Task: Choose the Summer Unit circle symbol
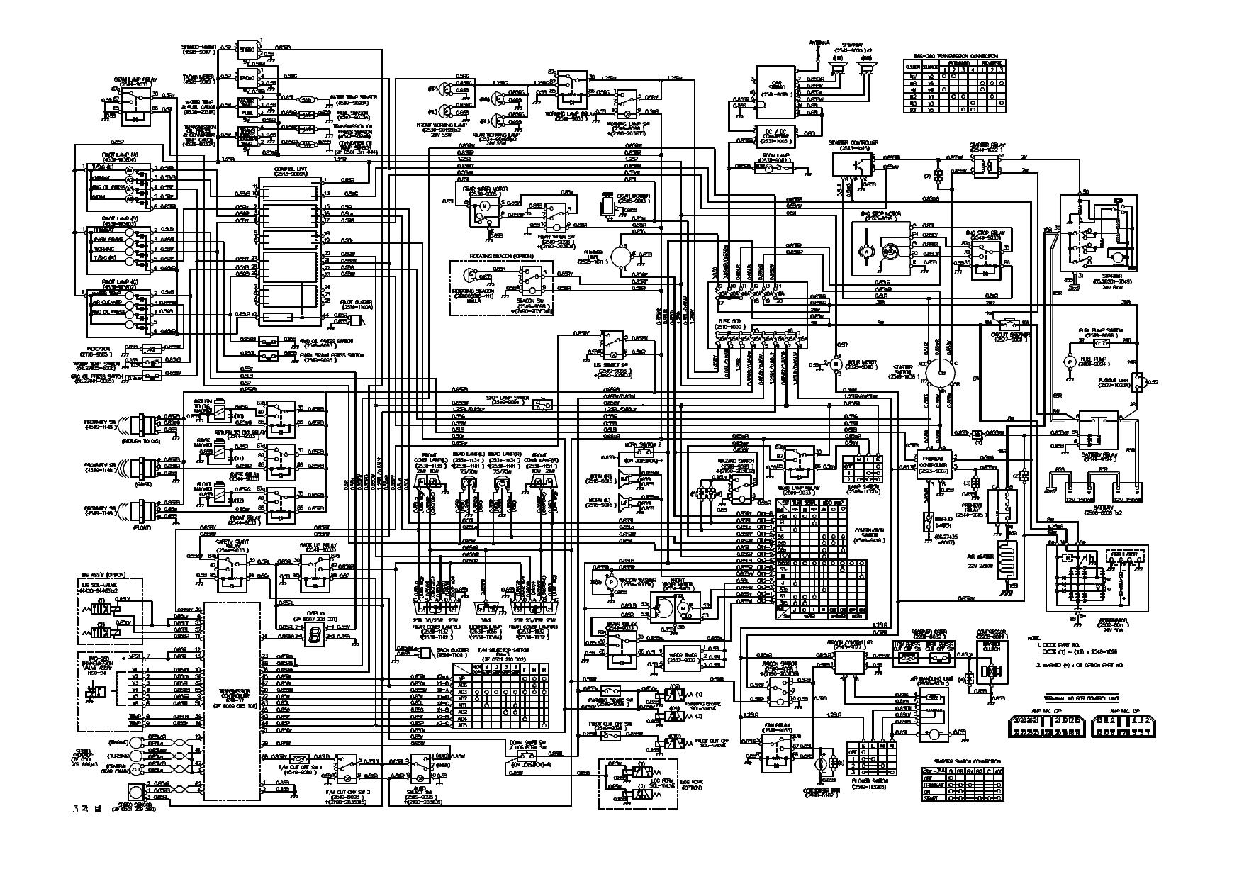pos(621,254)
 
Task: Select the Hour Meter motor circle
pos(836,364)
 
